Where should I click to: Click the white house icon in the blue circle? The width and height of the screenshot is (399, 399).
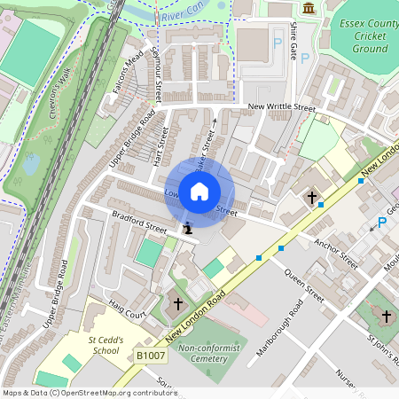point(199,192)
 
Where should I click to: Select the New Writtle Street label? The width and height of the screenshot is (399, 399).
point(281,108)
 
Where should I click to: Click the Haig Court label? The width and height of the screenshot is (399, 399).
point(127,314)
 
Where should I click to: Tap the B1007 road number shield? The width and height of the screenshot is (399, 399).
point(150,355)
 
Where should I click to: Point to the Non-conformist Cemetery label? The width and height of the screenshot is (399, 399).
point(209,355)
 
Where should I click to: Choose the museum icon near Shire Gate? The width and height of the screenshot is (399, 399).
point(309,9)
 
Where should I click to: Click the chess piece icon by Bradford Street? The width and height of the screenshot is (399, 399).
point(187,230)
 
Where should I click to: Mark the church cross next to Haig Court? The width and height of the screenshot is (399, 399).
point(177,304)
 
